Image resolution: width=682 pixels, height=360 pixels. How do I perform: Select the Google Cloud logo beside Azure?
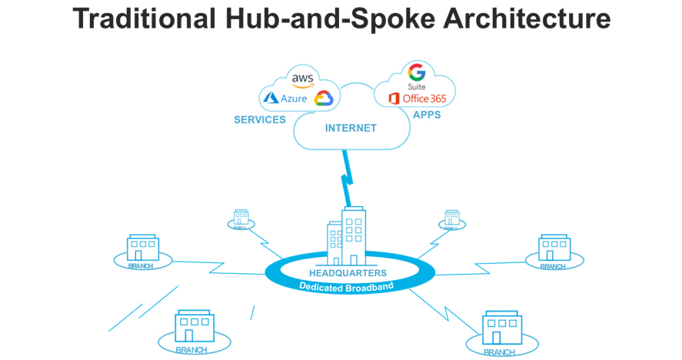pyautogui.click(x=322, y=98)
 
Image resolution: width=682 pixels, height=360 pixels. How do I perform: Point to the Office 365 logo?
pyautogui.click(x=417, y=98)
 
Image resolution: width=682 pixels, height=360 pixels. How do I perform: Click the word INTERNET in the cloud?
pyautogui.click(x=351, y=128)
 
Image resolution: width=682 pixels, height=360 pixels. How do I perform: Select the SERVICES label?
pyautogui.click(x=260, y=119)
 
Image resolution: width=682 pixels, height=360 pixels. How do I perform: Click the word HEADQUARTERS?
pyautogui.click(x=348, y=272)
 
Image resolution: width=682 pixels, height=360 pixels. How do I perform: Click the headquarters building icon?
pyautogui.click(x=345, y=235)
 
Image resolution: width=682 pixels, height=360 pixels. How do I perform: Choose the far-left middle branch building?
pyautogui.click(x=141, y=248)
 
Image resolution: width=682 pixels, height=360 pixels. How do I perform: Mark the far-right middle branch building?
pyautogui.click(x=554, y=248)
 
